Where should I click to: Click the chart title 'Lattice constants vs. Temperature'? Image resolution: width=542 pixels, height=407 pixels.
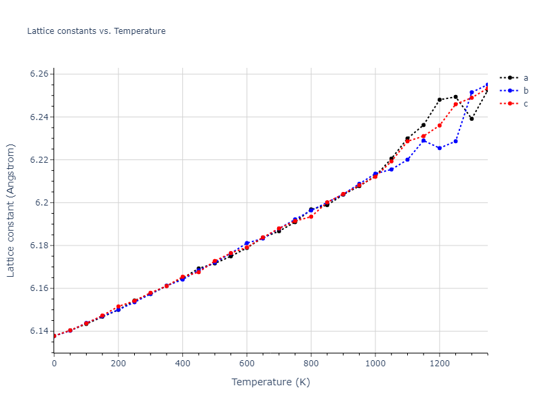[96, 31]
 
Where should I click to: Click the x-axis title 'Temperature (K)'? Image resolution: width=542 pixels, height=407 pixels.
[270, 383]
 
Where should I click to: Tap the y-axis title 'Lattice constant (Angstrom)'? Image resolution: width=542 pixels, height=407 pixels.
[11, 210]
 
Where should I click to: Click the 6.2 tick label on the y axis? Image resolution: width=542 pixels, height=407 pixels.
[41, 203]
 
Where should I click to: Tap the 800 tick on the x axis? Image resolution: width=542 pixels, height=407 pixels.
[311, 363]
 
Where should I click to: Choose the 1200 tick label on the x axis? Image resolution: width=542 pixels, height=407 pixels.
[439, 363]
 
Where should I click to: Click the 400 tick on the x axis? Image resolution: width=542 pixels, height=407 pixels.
[182, 363]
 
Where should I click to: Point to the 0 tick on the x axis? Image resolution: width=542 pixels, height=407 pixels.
[54, 363]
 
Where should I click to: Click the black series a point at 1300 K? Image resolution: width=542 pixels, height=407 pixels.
[472, 119]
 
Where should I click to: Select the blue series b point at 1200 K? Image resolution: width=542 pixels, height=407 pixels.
[439, 148]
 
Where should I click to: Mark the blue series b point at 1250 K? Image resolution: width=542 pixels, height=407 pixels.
[455, 141]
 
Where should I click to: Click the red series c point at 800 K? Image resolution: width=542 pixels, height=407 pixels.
[311, 216]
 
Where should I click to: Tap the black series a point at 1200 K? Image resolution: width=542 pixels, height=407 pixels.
[439, 100]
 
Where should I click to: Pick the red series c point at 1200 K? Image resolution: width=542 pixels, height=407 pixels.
[439, 125]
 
